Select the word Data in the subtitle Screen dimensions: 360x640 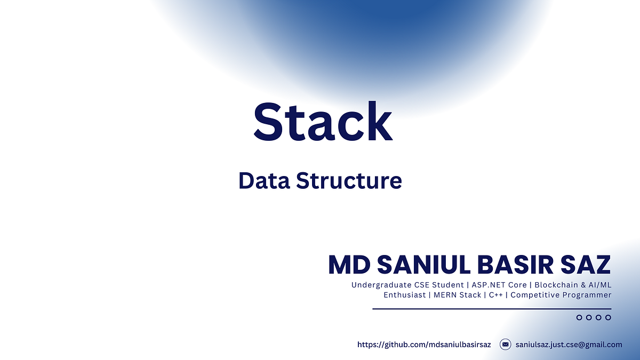[263, 180]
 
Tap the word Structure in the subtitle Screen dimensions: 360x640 [349, 180]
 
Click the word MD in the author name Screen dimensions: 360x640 [348, 265]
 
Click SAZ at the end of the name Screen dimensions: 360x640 [588, 265]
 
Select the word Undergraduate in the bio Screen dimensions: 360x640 [380, 285]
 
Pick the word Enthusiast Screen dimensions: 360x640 [404, 295]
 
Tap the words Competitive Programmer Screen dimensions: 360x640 [561, 295]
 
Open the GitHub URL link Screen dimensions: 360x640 [423, 345]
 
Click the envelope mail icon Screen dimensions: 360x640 [505, 345]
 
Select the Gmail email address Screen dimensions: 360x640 [569, 345]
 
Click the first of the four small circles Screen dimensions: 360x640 [579, 318]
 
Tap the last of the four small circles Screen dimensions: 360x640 [608, 318]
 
